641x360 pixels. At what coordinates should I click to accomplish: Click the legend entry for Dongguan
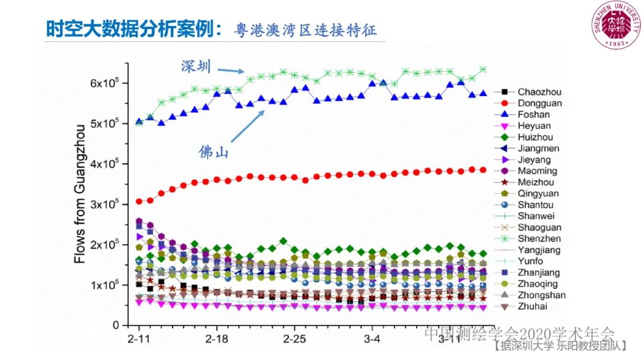pos(531,103)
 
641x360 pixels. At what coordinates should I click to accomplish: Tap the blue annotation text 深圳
pos(196,66)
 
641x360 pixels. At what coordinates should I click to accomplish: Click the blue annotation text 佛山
pos(214,152)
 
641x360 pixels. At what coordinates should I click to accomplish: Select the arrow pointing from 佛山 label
pos(247,126)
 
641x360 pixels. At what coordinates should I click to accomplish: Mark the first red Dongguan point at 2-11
pos(139,202)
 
